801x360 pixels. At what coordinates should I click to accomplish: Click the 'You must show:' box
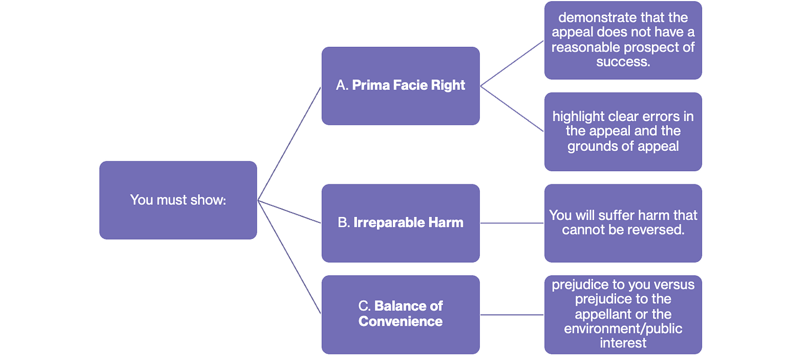(178, 200)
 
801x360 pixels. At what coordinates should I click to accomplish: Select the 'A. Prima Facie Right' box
(401, 86)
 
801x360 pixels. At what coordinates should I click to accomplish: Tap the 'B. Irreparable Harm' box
(401, 223)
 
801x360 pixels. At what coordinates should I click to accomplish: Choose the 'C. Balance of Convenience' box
(401, 314)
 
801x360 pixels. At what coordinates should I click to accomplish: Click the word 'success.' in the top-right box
(623, 62)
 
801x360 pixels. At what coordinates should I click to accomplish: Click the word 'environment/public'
(623, 329)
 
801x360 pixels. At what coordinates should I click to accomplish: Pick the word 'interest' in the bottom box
(623, 343)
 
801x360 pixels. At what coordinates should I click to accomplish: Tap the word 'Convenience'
(401, 321)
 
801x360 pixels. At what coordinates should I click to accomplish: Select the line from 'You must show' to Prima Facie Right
(289, 144)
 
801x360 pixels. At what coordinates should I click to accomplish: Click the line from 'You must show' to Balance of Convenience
(289, 257)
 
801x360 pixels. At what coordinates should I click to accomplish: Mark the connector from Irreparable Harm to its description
(512, 223)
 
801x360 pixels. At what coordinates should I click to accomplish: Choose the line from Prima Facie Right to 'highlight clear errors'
(512, 109)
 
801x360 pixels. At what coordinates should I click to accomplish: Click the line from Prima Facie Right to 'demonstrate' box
(512, 63)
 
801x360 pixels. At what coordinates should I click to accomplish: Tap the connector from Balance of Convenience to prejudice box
(512, 315)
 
